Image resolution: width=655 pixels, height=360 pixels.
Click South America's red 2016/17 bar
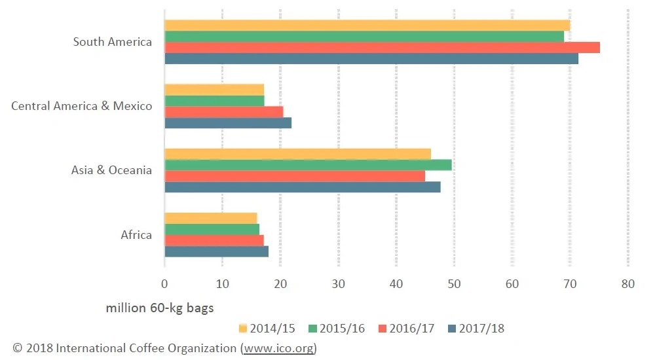click(382, 47)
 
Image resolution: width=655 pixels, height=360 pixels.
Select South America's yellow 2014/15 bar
click(367, 26)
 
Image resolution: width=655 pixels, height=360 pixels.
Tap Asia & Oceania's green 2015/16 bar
click(308, 165)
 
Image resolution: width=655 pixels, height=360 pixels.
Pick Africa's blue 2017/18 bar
click(216, 251)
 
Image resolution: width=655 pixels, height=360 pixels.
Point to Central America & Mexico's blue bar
click(228, 122)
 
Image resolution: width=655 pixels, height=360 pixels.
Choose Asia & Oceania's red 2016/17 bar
click(295, 176)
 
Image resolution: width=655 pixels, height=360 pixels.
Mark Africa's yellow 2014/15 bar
click(210, 218)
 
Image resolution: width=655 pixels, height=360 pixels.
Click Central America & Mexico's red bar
click(223, 111)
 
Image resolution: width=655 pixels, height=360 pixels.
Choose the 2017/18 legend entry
click(474, 328)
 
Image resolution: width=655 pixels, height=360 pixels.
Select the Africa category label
click(136, 234)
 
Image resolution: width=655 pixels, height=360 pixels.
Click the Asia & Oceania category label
click(111, 170)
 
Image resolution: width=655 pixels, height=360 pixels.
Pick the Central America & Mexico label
click(81, 106)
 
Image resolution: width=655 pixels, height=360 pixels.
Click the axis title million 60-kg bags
click(160, 308)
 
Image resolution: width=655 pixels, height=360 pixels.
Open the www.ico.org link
click(278, 348)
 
